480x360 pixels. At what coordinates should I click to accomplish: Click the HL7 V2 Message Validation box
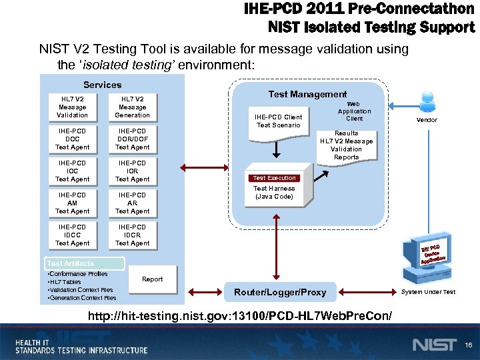coord(72,107)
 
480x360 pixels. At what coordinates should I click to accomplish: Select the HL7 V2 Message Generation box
coord(132,107)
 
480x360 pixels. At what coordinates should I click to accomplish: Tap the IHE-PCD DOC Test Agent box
coord(72,139)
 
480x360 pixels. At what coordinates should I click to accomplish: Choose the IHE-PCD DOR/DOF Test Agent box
coord(132,139)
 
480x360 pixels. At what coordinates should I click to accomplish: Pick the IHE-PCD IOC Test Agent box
coord(72,171)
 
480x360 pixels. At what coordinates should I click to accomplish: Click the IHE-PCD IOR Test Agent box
coord(132,171)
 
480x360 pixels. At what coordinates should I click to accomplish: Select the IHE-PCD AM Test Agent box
coord(72,203)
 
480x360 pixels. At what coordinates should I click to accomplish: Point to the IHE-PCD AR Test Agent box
coord(132,203)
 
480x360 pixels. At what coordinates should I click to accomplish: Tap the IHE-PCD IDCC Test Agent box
coord(72,235)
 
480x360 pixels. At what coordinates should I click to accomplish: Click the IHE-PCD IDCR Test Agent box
coord(132,235)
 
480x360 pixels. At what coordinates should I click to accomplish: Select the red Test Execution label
coord(274,178)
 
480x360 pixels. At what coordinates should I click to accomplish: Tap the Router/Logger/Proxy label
coord(280,292)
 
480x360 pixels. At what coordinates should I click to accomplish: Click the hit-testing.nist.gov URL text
coord(240,314)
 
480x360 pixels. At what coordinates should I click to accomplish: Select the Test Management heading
coord(307,95)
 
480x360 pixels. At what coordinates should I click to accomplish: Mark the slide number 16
coord(468,345)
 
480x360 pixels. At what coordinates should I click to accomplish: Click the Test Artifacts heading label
coord(71,263)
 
